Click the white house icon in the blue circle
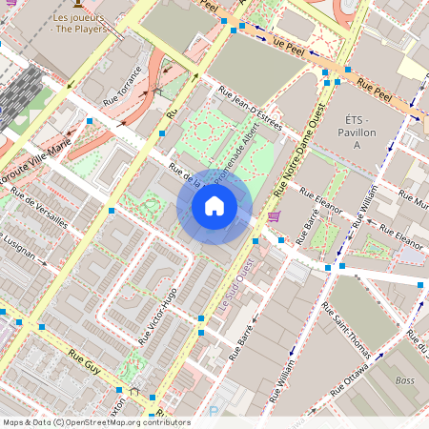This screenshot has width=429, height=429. coord(214,206)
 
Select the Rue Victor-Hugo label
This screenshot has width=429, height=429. coord(157,315)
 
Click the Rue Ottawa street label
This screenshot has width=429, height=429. coord(356,371)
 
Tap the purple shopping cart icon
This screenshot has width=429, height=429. coord(275,217)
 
